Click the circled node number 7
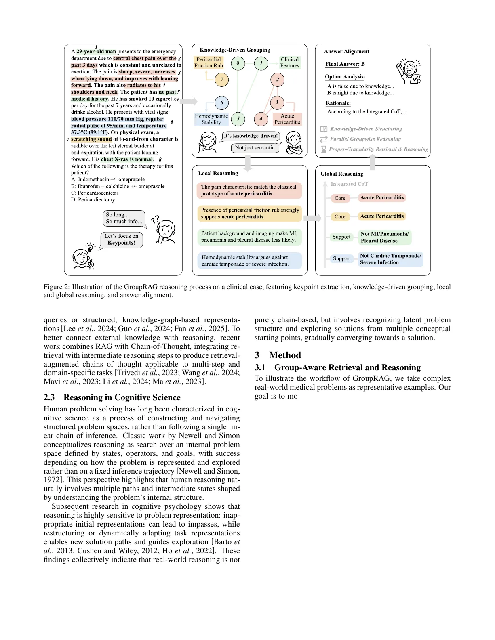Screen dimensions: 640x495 click(x=221, y=80)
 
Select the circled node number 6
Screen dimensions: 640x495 click(x=221, y=103)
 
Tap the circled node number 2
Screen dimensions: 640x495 click(x=277, y=80)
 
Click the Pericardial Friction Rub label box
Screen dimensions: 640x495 click(x=209, y=63)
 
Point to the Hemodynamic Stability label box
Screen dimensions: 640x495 click(x=211, y=119)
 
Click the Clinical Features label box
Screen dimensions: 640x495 click(x=290, y=63)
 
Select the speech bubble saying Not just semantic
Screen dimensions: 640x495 click(x=255, y=148)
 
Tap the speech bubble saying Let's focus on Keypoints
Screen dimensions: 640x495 click(x=121, y=239)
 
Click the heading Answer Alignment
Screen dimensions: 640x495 click(x=346, y=52)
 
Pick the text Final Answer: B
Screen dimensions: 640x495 click(x=345, y=64)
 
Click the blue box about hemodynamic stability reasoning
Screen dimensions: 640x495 click(x=249, y=261)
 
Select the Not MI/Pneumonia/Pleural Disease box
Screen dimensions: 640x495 click(x=385, y=237)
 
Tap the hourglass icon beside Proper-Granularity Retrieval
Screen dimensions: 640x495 click(x=323, y=149)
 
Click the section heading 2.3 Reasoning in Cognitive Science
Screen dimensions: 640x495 click(x=112, y=397)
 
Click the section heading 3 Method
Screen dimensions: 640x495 click(x=278, y=355)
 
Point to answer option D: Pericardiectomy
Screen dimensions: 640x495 click(x=93, y=200)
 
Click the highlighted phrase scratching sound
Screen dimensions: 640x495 click(x=91, y=139)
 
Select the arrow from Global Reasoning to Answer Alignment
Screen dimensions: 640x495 click(x=373, y=162)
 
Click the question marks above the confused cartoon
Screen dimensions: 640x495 click(x=155, y=219)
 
